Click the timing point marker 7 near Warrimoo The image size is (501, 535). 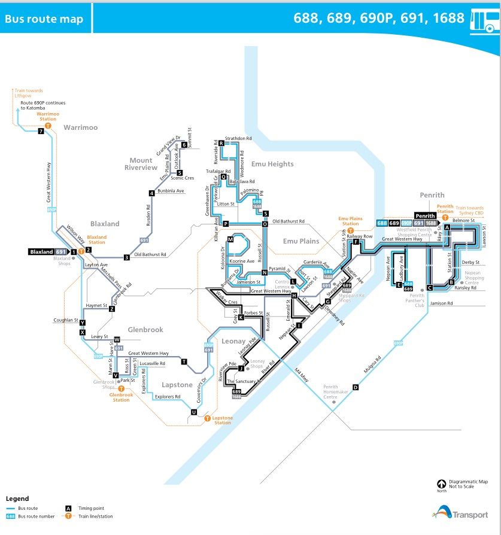(x=41, y=132)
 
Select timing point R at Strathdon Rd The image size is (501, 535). (x=221, y=143)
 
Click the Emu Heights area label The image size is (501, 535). (x=272, y=164)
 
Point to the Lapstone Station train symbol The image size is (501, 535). (x=208, y=418)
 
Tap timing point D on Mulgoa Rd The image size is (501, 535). (x=356, y=388)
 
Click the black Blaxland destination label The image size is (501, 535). (x=42, y=252)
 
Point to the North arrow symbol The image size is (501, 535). (x=441, y=484)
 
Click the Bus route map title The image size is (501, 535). (x=44, y=19)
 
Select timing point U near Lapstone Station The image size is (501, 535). (x=193, y=412)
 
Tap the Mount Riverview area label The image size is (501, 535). (x=141, y=164)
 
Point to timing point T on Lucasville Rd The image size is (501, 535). (x=184, y=361)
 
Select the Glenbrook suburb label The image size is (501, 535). (x=145, y=330)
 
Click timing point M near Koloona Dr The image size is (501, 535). (x=229, y=239)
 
